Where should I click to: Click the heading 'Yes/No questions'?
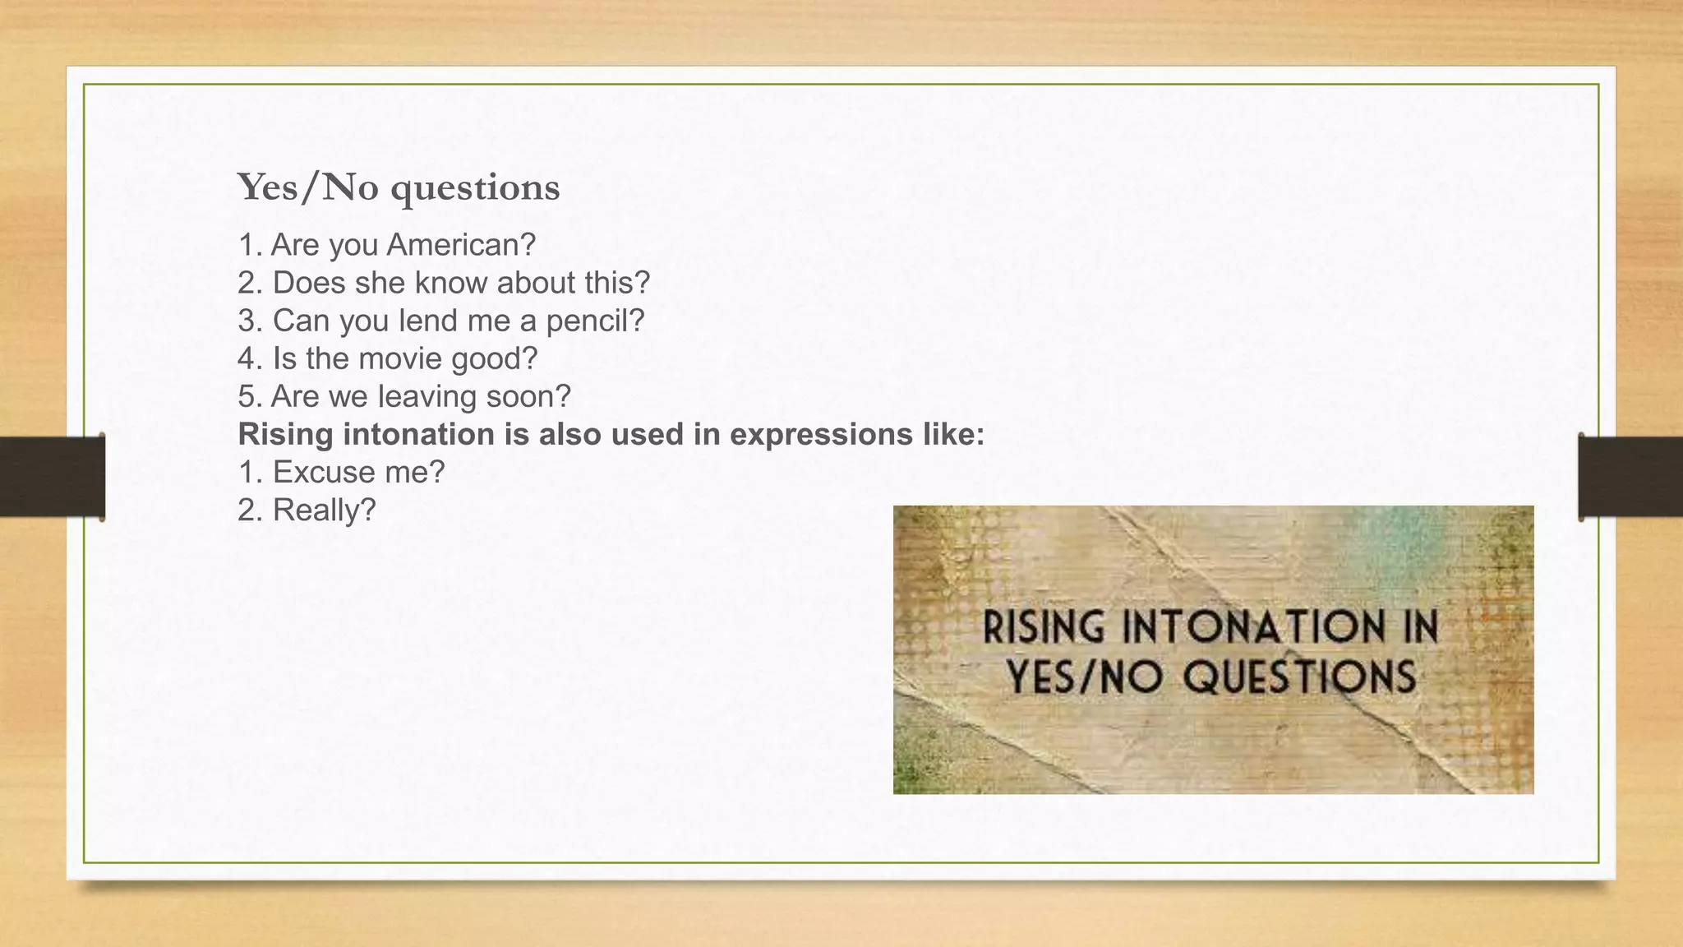[399, 187]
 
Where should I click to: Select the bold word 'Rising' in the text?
[285, 434]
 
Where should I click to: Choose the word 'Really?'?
[324, 510]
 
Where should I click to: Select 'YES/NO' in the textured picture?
[1084, 677]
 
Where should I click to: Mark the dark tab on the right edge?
[1630, 477]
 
